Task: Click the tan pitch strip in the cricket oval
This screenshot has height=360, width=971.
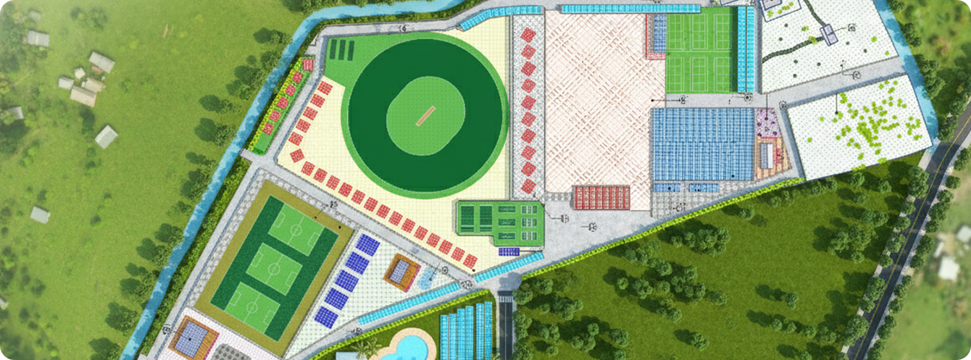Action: (425, 115)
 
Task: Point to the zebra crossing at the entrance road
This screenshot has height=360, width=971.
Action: (505, 298)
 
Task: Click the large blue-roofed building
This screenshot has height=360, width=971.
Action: (701, 144)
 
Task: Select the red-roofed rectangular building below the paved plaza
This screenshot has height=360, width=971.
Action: (601, 196)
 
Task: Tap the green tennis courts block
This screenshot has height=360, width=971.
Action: (699, 49)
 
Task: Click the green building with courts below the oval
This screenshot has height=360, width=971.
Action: (499, 220)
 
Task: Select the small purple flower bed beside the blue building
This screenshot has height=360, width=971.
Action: (766, 123)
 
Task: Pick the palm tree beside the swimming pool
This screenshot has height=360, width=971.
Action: (372, 349)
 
